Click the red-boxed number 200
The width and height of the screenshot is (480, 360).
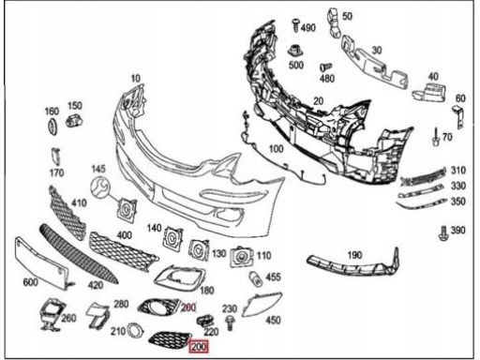(x=199, y=347)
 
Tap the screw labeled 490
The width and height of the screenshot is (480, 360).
(x=295, y=25)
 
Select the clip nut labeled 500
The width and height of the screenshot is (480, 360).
(x=294, y=51)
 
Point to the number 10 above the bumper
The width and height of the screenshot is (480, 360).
(x=136, y=78)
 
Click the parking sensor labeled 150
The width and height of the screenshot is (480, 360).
(x=74, y=121)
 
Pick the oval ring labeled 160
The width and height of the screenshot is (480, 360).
(x=52, y=127)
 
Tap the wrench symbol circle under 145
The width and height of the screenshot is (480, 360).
(x=100, y=187)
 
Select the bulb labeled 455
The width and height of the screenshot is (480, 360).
(x=255, y=278)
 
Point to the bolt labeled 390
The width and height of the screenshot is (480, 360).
(x=443, y=232)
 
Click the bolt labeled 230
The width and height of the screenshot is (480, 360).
(x=230, y=322)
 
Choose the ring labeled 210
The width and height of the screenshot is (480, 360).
(x=135, y=330)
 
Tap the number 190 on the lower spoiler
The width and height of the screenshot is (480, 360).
(x=354, y=255)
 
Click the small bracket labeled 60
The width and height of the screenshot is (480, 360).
(x=458, y=116)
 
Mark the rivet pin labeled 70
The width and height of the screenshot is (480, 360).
(x=436, y=137)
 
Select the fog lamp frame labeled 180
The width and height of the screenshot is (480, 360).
(x=180, y=278)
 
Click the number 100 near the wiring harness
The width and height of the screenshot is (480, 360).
(x=277, y=149)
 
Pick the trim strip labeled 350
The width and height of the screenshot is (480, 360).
(x=422, y=203)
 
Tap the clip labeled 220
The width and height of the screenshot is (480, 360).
(x=204, y=320)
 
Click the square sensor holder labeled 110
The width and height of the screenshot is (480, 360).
(x=241, y=257)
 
